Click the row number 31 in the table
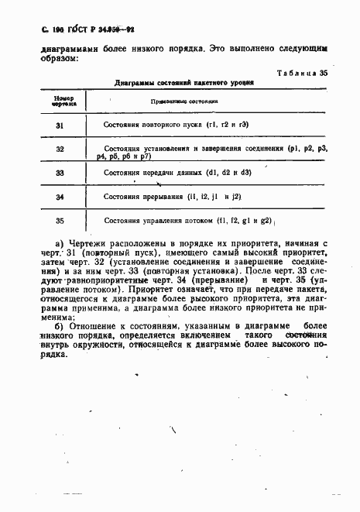click(x=60, y=124)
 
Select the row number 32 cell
click(x=60, y=149)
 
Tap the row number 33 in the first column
click(x=60, y=174)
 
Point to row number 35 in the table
click(x=60, y=221)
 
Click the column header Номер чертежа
click(x=60, y=101)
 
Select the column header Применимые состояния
click(x=178, y=101)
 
